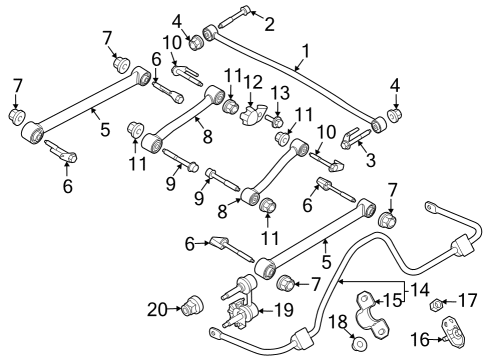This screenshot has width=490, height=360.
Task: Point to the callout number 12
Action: (253, 81)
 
